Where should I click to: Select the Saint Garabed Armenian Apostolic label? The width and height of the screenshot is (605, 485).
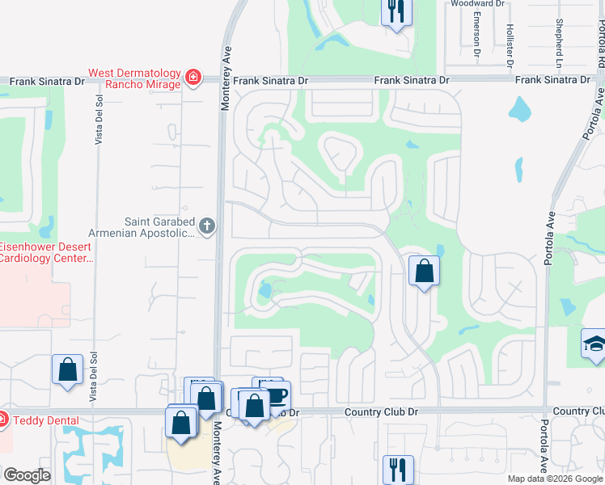(159, 227)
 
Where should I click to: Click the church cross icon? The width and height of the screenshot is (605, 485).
(207, 226)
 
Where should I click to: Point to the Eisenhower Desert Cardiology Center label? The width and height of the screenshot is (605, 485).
(47, 252)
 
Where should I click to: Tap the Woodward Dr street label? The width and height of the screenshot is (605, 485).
(477, 4)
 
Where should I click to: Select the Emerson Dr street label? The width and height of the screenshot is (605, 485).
(477, 39)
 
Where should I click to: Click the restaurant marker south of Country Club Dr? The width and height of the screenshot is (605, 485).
(397, 469)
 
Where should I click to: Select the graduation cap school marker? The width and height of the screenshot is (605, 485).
(594, 344)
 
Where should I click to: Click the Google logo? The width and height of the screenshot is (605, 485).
(27, 475)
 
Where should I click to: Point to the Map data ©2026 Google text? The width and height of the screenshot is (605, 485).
(554, 479)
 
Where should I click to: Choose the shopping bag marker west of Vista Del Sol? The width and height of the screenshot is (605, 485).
(68, 369)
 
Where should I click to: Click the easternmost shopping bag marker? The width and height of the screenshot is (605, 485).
(424, 271)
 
